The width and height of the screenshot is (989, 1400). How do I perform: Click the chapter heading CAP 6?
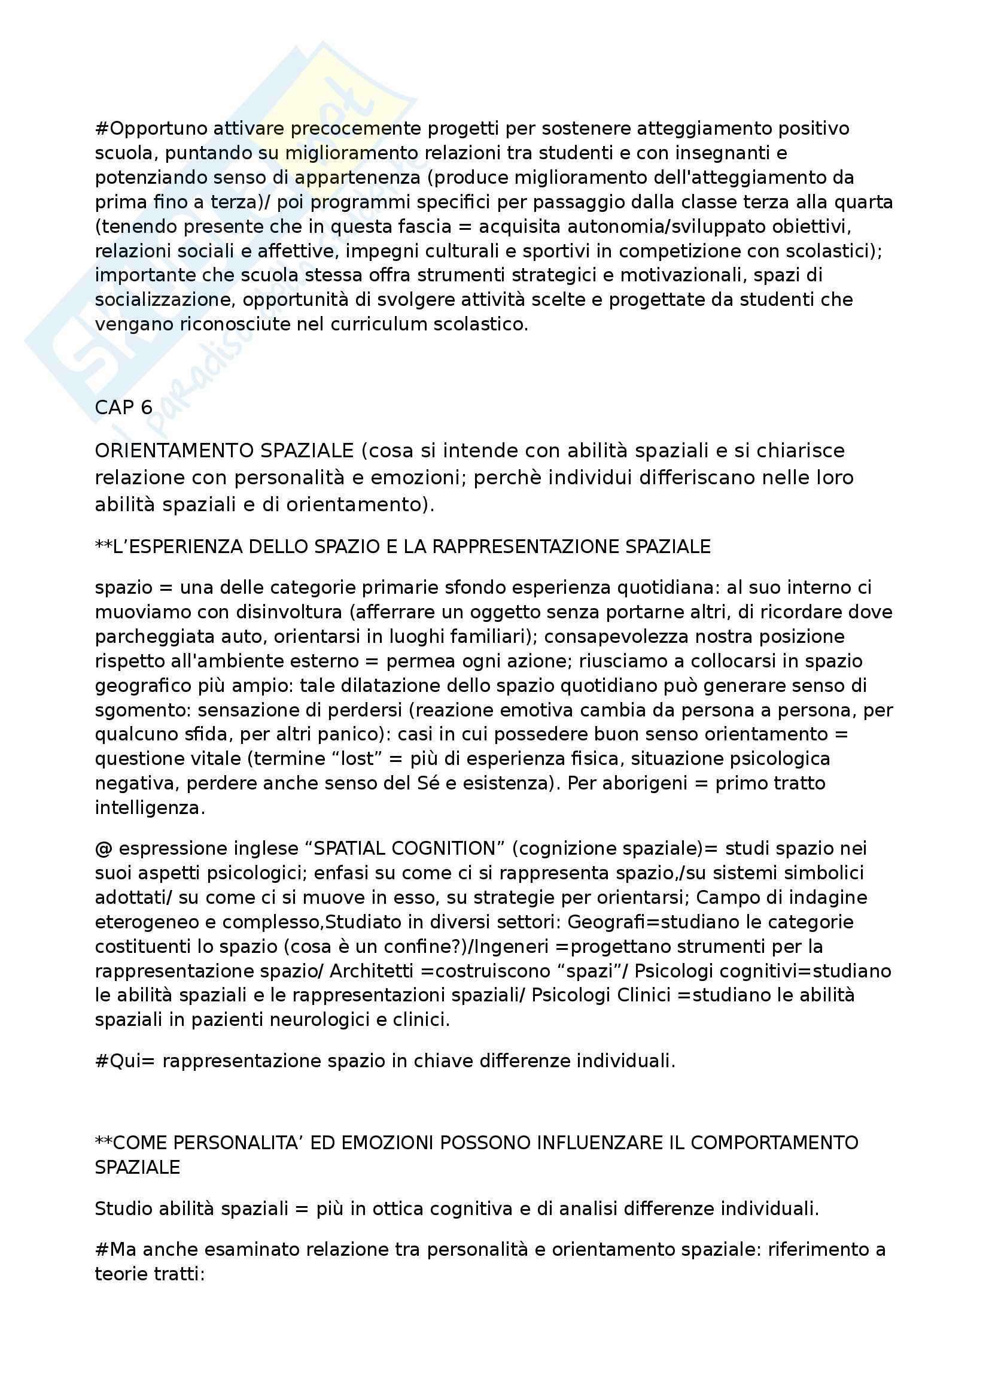(x=124, y=408)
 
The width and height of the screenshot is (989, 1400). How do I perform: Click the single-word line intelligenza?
(x=150, y=808)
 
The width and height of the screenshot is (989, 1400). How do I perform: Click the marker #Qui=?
(x=126, y=1061)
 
